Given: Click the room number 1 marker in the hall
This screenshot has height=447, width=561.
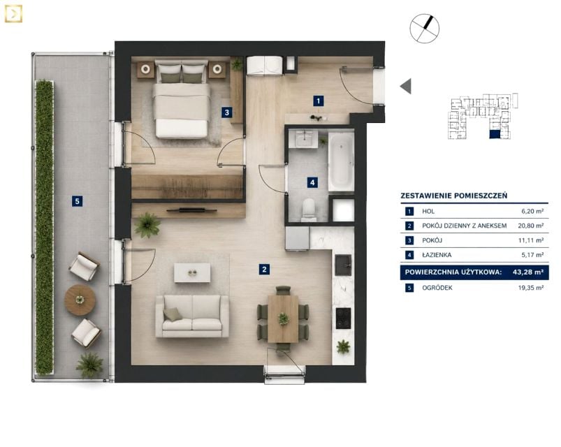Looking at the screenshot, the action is pyautogui.click(x=318, y=101).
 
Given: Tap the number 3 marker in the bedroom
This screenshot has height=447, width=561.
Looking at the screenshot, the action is pyautogui.click(x=226, y=112).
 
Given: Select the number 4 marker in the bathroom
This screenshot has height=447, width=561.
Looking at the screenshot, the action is pyautogui.click(x=312, y=183).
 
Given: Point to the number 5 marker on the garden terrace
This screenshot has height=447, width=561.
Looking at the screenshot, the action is pyautogui.click(x=78, y=201).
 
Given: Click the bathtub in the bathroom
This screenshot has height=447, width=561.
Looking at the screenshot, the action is pyautogui.click(x=342, y=162).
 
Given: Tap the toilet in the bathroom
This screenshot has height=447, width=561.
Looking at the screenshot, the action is pyautogui.click(x=308, y=210).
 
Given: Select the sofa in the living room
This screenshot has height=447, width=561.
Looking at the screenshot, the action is pyautogui.click(x=192, y=316).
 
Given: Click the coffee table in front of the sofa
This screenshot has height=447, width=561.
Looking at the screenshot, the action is pyautogui.click(x=192, y=273).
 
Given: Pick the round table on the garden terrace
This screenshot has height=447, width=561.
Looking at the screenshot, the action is pyautogui.click(x=80, y=300).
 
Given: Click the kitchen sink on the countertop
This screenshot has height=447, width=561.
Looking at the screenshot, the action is pyautogui.click(x=343, y=265).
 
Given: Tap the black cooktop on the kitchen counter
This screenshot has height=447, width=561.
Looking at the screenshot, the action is pyautogui.click(x=343, y=318).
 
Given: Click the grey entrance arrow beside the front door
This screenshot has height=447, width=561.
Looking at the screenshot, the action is pyautogui.click(x=406, y=86).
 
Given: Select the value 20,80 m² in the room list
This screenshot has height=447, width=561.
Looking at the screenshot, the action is pyautogui.click(x=531, y=226).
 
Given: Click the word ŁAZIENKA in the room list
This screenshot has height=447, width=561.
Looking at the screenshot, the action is pyautogui.click(x=437, y=255).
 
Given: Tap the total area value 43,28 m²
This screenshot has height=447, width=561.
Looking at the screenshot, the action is pyautogui.click(x=528, y=272).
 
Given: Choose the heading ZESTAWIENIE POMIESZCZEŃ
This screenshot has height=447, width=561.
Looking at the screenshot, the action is pyautogui.click(x=454, y=196).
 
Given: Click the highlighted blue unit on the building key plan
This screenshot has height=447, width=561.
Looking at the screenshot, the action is pyautogui.click(x=495, y=135).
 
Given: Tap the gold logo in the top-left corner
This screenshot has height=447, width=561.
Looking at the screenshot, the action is pyautogui.click(x=13, y=14).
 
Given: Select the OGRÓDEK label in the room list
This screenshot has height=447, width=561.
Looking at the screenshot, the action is pyautogui.click(x=437, y=288).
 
